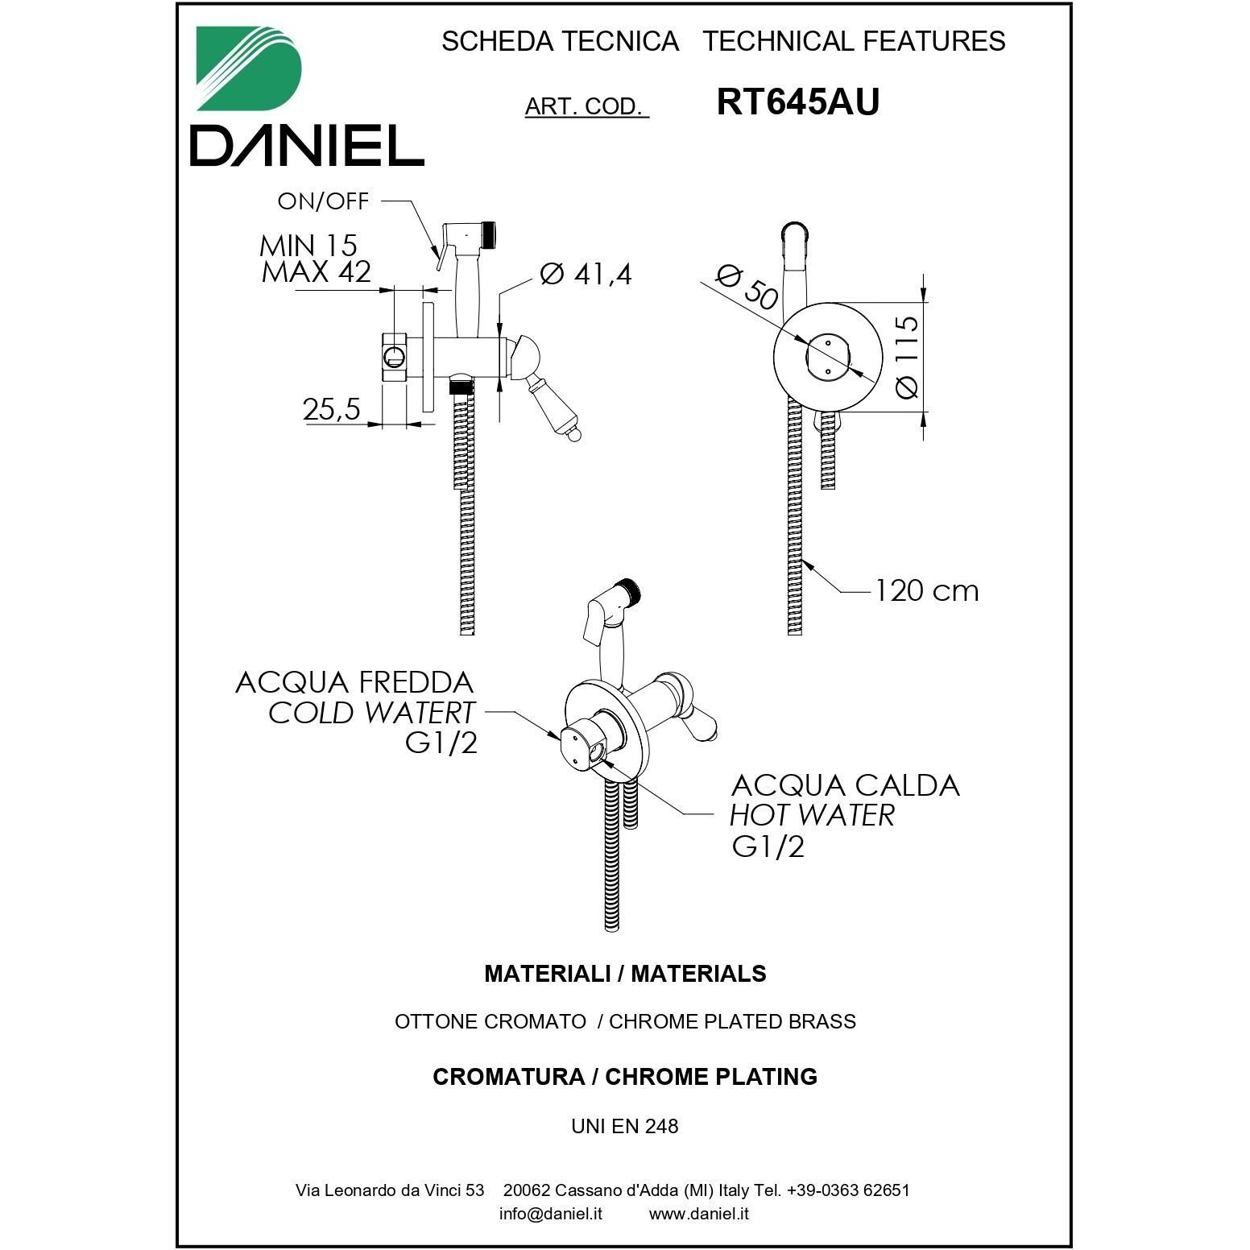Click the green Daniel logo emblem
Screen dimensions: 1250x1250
click(x=249, y=68)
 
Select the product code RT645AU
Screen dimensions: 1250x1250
click(x=797, y=102)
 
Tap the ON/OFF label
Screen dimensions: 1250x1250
click(x=323, y=201)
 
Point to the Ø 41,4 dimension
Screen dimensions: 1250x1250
click(x=586, y=275)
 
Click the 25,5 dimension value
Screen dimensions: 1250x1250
click(x=332, y=410)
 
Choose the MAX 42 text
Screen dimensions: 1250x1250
click(x=317, y=271)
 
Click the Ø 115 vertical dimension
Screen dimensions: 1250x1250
click(x=906, y=356)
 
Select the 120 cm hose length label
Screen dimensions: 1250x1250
click(x=927, y=590)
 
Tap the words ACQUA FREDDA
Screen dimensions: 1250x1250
click(x=354, y=682)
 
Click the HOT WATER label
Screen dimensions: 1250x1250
click(x=812, y=815)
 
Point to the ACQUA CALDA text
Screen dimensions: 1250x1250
click(x=846, y=785)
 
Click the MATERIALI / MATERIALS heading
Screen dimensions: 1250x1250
click(x=625, y=974)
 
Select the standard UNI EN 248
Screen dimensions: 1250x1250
click(x=625, y=1126)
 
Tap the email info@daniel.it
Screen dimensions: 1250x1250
click(x=551, y=1214)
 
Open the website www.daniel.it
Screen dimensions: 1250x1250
click(x=699, y=1214)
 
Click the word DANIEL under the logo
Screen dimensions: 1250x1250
click(x=307, y=147)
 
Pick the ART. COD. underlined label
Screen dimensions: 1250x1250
click(x=586, y=106)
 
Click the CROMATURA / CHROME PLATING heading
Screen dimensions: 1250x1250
click(x=625, y=1077)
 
